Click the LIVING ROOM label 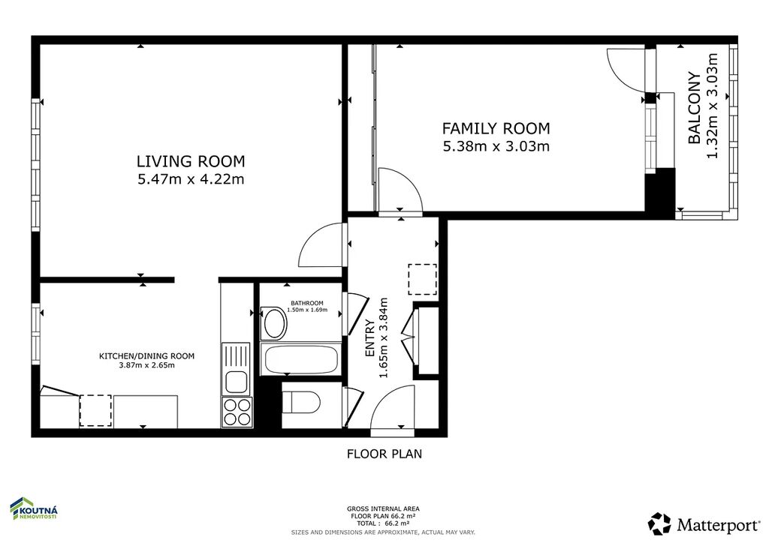coord(190,161)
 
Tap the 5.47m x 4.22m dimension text coord(191,179)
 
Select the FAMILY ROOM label coord(496,128)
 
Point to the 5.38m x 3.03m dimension coord(496,146)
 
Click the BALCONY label coord(694,108)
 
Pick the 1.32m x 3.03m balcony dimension coord(712,106)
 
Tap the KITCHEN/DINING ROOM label coord(146,356)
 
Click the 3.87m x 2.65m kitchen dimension coord(146,365)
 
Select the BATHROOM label coord(307,303)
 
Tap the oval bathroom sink coord(274,323)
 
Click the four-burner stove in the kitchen coord(237,411)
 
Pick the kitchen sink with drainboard coord(236,369)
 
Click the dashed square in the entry coord(423,280)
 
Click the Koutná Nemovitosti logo coord(35,509)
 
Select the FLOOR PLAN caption coord(384,454)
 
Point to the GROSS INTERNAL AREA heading coord(383,508)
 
